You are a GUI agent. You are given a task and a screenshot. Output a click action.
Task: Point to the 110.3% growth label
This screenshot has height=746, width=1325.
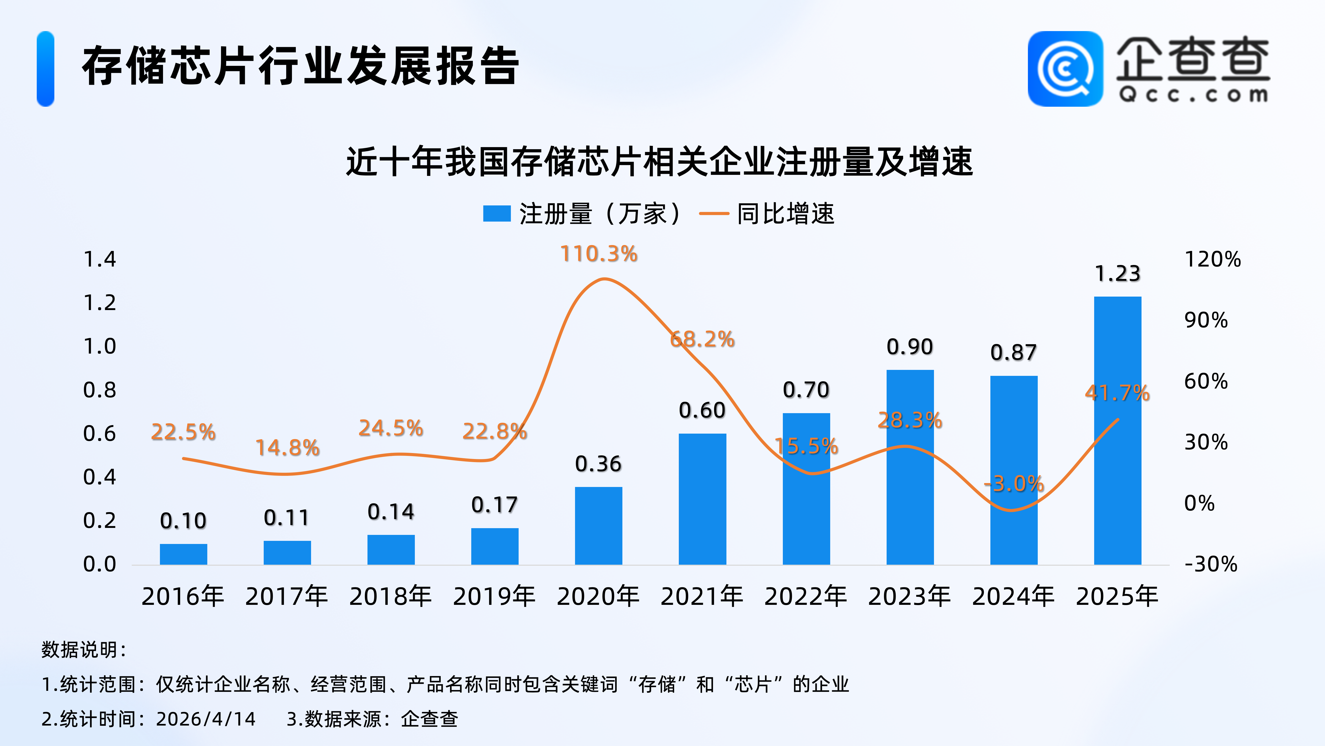[x=599, y=254]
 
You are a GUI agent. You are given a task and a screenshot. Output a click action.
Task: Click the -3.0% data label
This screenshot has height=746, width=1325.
[x=1014, y=484]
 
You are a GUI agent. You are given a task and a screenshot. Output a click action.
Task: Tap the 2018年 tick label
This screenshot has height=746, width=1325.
[x=391, y=596]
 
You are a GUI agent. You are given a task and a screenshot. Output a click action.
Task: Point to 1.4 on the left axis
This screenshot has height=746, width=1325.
[x=100, y=259]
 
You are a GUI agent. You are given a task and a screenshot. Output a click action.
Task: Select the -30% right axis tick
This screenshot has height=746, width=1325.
[x=1210, y=564]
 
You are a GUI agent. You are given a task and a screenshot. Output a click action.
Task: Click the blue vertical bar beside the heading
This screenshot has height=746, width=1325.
[x=45, y=69]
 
